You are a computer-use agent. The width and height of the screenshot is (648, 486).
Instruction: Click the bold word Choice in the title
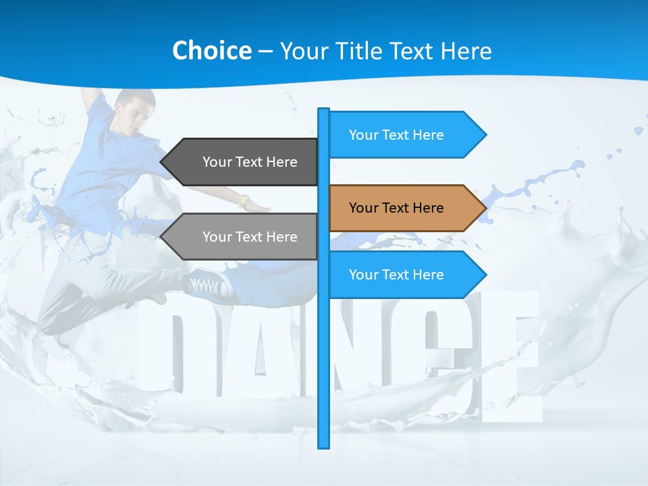pos(211,51)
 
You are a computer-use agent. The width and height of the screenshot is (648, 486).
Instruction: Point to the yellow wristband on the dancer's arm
pos(244,201)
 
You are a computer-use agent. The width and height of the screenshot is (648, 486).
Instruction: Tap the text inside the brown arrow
pos(396,208)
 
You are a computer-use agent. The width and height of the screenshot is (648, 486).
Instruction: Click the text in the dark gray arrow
pos(250,162)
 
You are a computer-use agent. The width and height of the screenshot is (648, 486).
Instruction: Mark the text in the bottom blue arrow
pos(396,275)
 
